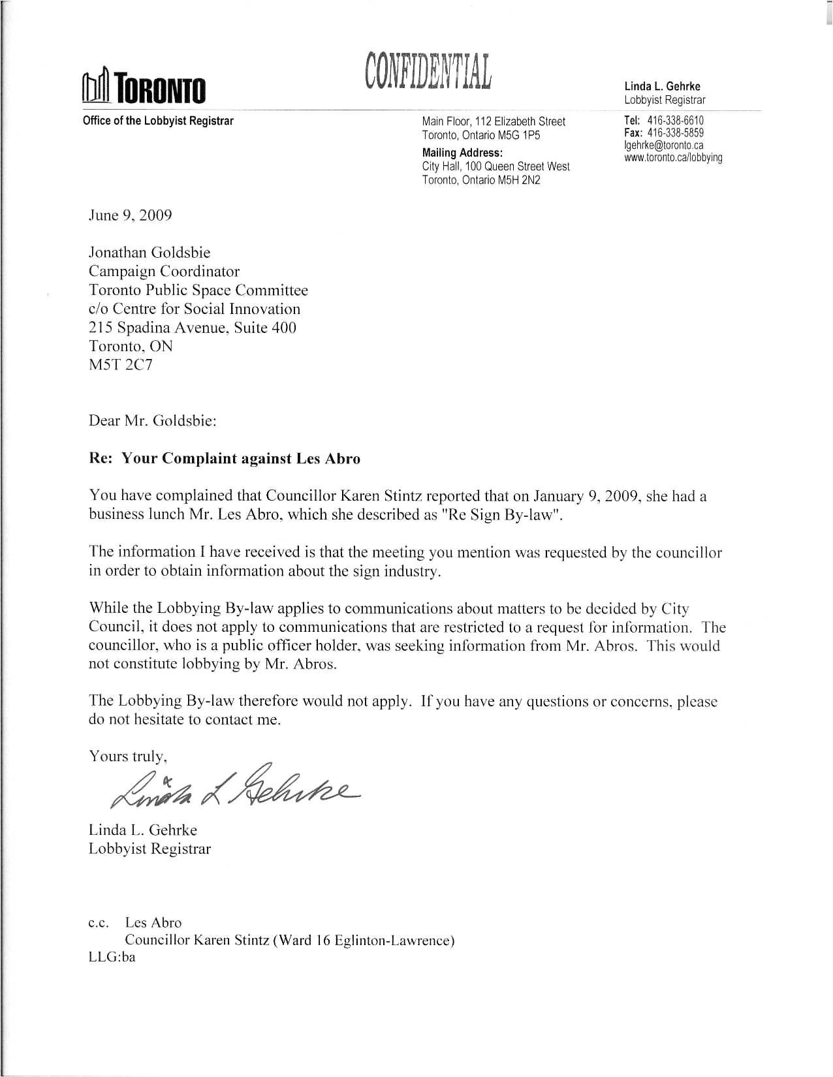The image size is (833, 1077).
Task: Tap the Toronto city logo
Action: click(144, 88)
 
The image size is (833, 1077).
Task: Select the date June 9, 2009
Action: click(131, 215)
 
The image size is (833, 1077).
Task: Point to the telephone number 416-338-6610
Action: click(675, 121)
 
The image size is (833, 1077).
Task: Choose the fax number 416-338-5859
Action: click(675, 133)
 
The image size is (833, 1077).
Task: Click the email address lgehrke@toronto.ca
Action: click(664, 145)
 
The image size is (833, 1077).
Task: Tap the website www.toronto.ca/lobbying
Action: click(673, 157)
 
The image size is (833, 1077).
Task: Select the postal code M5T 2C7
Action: click(121, 365)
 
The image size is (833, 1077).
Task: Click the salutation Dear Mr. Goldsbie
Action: click(152, 420)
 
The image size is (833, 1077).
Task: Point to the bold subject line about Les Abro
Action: click(225, 458)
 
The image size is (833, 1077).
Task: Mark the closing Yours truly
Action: click(129, 757)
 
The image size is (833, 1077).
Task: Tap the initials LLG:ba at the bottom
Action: click(112, 958)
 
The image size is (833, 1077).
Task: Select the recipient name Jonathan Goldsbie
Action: click(149, 253)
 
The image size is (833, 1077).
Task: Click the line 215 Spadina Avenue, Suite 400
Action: click(193, 328)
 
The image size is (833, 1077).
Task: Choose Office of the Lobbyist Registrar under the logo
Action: click(158, 121)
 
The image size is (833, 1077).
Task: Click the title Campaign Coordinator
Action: click(164, 272)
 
